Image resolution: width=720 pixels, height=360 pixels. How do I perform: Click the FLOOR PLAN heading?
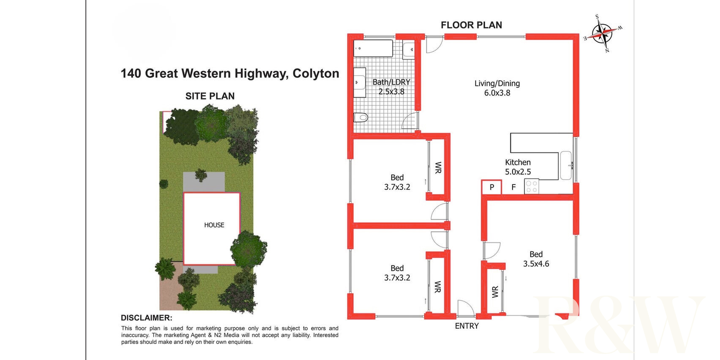tap(471, 25)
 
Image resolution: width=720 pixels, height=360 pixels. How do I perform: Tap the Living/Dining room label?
tap(497, 83)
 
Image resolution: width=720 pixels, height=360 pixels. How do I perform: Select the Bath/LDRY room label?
tap(391, 82)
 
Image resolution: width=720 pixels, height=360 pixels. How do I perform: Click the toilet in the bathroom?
tap(361, 118)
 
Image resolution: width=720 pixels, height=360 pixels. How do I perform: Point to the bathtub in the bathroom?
tap(373, 49)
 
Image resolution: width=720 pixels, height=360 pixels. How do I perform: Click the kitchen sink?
tap(566, 165)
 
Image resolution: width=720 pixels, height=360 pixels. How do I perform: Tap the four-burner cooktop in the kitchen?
tap(531, 187)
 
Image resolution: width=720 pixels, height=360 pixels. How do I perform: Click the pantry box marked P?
tap(492, 187)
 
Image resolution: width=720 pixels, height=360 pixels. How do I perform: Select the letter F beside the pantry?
tap(513, 187)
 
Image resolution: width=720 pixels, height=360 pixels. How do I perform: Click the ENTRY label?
tap(467, 326)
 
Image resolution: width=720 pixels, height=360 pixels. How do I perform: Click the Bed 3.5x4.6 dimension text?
tap(536, 264)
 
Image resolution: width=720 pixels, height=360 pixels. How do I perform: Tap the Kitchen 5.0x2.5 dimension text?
tap(518, 172)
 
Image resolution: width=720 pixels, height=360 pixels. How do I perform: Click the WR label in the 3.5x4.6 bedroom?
tap(495, 292)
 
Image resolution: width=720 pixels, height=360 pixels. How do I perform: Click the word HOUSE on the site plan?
tap(214, 225)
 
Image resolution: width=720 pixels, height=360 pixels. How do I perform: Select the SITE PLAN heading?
tap(210, 96)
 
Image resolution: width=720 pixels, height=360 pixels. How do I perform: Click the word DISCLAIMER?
tap(146, 318)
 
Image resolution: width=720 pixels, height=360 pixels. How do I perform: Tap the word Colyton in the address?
tap(316, 73)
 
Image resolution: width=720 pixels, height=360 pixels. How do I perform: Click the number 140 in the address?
tap(130, 73)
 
